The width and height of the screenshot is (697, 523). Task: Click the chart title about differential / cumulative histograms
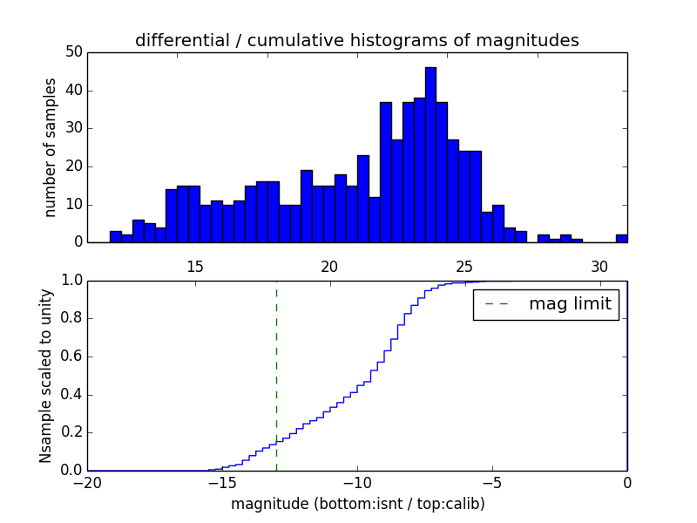356,40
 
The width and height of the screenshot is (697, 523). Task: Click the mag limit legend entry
546,304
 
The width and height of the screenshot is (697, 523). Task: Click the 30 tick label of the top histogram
599,266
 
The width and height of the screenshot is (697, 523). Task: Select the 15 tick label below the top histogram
194,266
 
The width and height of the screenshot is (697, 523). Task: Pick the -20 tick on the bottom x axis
87,483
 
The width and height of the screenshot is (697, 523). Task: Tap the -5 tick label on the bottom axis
491,483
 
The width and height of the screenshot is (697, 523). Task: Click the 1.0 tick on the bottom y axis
71,281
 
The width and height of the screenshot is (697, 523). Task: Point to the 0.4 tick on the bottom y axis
71,395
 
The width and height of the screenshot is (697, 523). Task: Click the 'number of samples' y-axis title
51,147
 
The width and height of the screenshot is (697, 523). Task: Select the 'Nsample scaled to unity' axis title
45,375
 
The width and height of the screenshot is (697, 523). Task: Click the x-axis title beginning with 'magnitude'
357,504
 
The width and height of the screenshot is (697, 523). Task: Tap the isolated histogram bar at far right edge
621,238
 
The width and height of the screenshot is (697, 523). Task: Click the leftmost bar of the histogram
115,236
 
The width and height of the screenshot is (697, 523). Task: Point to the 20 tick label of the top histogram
329,266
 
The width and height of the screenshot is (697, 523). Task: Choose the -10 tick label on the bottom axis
356,483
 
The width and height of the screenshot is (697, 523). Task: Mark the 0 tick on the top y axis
77,242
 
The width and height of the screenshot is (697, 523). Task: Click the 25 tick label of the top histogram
464,266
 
